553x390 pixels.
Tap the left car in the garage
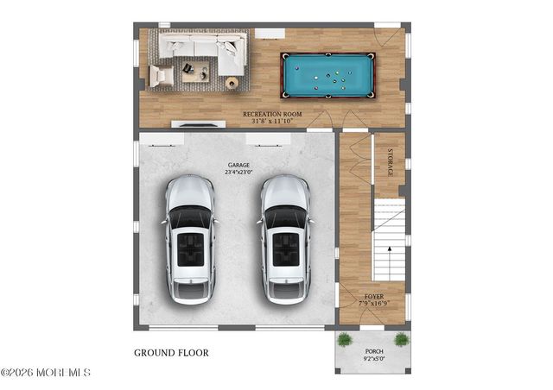(x=190, y=239)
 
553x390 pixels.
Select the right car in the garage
(x=285, y=239)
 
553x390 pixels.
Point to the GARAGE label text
(x=239, y=164)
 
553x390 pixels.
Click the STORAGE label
(x=390, y=162)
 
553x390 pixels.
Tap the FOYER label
(x=373, y=296)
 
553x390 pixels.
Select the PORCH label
(x=373, y=351)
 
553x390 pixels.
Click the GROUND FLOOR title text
(x=171, y=353)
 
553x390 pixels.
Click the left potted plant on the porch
(x=345, y=340)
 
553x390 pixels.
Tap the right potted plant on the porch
(x=401, y=340)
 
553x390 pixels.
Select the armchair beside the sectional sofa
(x=161, y=76)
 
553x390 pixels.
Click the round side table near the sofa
(x=232, y=82)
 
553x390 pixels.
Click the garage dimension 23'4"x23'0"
(x=239, y=173)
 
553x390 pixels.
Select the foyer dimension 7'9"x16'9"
(x=373, y=304)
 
